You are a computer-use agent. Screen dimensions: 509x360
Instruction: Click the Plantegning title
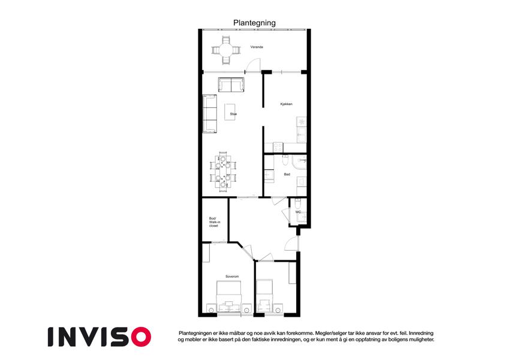254,23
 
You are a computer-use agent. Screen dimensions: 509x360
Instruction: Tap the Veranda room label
257,47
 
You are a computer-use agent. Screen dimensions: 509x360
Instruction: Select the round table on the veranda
225,50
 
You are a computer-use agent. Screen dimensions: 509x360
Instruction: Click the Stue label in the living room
233,114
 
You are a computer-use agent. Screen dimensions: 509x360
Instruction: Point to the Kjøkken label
287,104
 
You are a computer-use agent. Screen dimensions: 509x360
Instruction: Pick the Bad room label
287,175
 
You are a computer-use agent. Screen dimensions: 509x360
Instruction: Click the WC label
298,212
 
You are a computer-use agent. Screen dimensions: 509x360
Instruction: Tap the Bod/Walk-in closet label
214,222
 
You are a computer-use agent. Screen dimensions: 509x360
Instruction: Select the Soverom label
232,277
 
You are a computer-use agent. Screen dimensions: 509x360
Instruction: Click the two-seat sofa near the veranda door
231,85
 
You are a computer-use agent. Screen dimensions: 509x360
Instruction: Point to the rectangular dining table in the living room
224,172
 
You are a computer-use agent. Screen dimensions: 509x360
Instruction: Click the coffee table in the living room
230,112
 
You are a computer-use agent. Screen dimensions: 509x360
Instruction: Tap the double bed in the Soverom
229,296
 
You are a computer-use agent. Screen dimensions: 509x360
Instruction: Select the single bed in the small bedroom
264,296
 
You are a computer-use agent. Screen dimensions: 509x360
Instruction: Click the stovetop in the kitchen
278,148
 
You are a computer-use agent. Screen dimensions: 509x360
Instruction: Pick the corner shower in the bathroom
299,163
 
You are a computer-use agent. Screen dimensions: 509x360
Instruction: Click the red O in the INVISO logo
141,337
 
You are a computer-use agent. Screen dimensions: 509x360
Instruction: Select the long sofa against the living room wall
210,114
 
